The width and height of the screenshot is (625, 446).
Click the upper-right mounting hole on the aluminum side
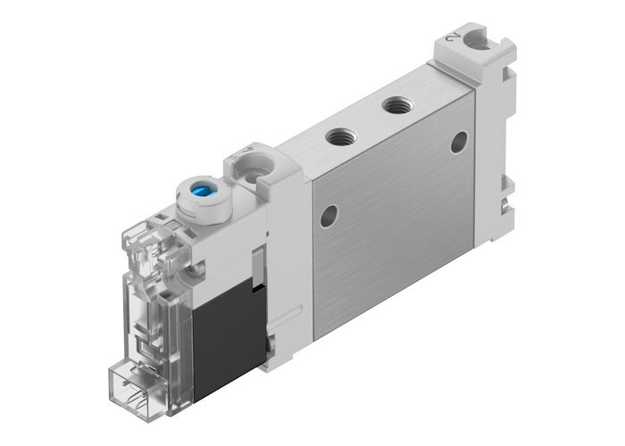point(458,141)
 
